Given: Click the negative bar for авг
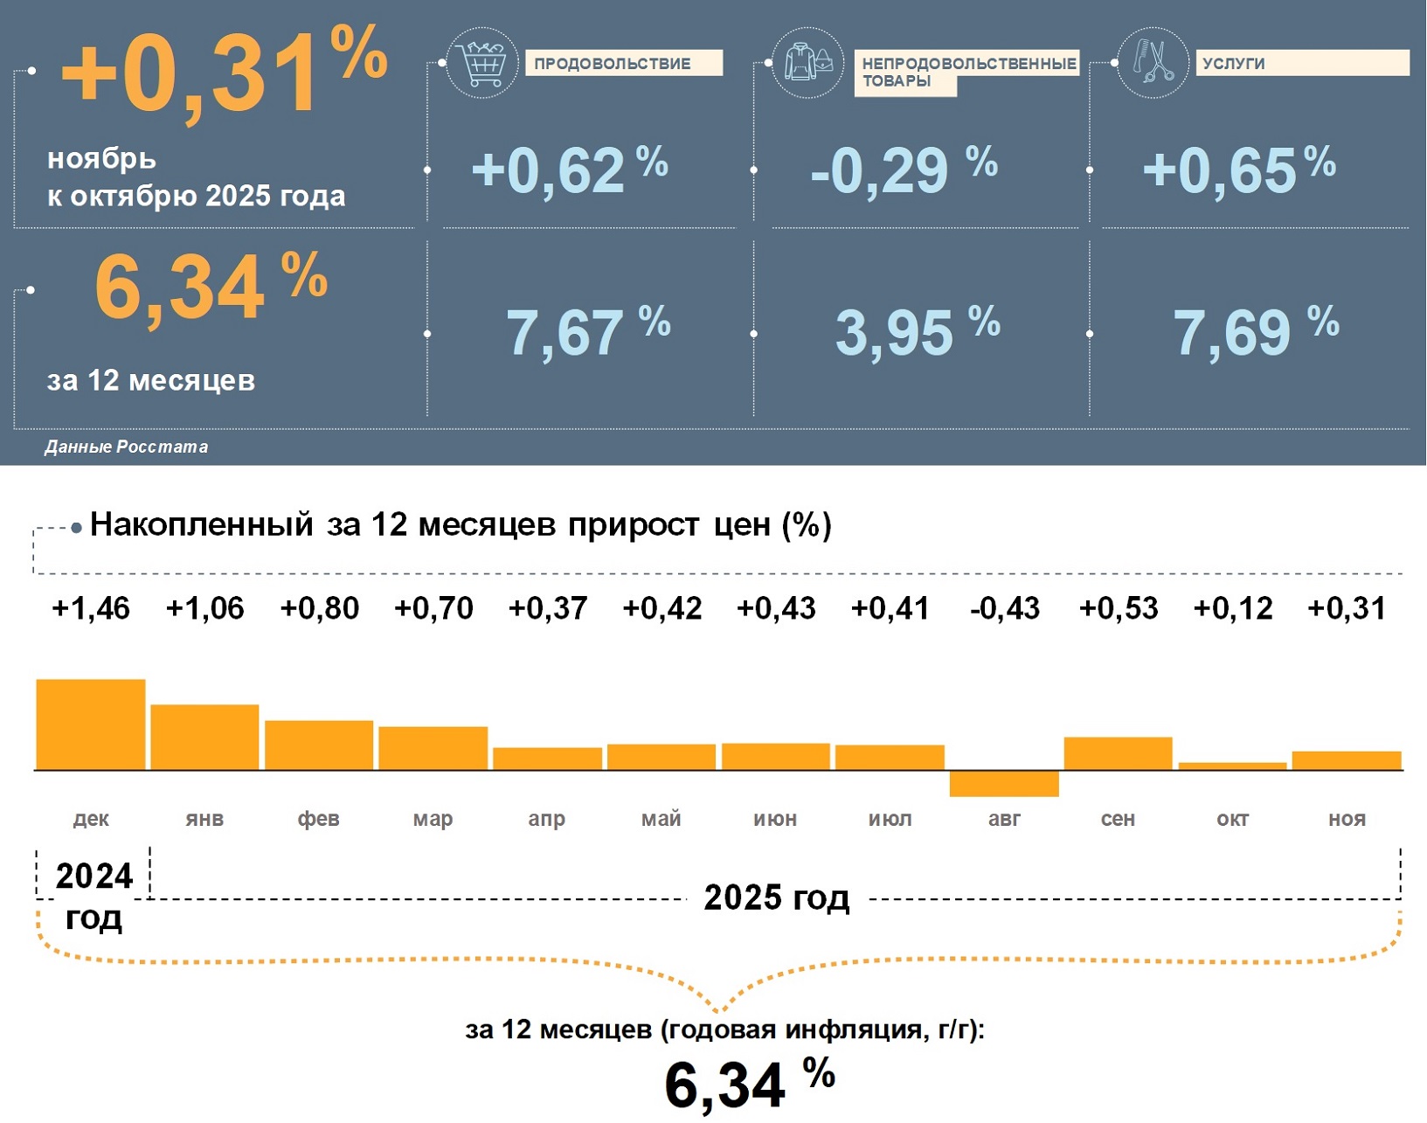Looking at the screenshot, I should coord(1004,784).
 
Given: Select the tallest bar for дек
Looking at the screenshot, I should coord(91,724).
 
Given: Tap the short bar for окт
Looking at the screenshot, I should coord(1232,766).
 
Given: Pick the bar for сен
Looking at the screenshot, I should coord(1118,753).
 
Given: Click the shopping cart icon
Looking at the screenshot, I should coord(481,63).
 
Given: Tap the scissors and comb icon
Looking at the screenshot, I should coord(1153,63).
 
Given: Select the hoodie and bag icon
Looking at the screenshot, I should coord(807,63).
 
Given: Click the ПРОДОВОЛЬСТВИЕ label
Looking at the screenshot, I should coord(623,64).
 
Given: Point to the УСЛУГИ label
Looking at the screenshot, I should coord(1301,63).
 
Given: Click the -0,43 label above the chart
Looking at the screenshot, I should coord(1005,608).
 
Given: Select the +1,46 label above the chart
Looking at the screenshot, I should coord(91,608).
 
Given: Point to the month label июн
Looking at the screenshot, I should coord(775,819).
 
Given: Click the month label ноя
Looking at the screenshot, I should coord(1347,819).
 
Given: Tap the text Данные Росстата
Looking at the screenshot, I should coord(127,447).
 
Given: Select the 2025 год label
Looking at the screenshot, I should coord(776,898).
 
